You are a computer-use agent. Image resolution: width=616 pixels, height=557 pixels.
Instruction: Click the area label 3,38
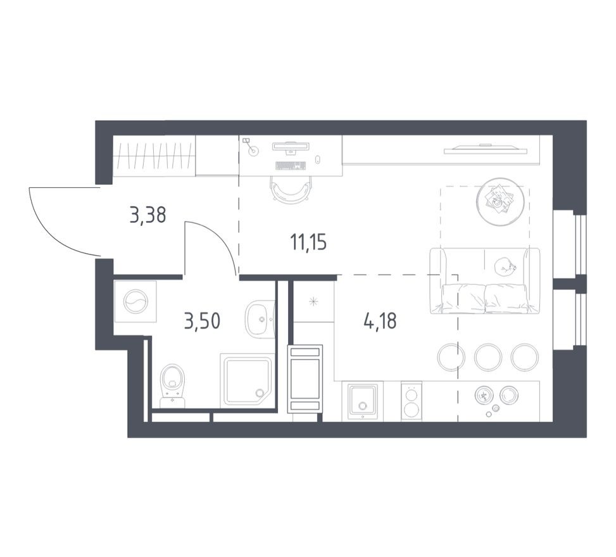coord(148,216)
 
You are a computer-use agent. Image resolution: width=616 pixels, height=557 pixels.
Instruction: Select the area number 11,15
coord(308,242)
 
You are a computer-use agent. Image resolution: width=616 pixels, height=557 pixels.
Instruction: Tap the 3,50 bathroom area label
coord(202,322)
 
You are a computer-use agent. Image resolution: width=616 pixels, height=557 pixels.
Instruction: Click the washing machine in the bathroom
coord(135,301)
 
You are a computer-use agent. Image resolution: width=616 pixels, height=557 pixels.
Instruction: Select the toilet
coord(172,385)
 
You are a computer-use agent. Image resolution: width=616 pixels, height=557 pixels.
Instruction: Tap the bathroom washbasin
coord(259,320)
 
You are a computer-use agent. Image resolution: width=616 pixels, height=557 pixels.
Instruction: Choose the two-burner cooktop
coord(412,401)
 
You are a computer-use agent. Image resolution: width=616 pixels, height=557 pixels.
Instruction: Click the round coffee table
coord(500,201)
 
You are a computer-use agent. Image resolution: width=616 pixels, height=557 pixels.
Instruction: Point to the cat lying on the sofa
coord(504,267)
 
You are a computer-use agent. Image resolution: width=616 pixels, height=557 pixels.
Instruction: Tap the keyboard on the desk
coord(291,166)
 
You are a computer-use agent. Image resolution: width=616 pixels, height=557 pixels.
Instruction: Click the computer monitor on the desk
coord(291,147)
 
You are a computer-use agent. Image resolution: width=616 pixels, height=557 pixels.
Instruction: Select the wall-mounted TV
coord(486,150)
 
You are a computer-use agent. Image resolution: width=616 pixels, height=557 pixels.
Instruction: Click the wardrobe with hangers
coord(154,156)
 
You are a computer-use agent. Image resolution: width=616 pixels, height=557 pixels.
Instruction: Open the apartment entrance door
coord(63,222)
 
